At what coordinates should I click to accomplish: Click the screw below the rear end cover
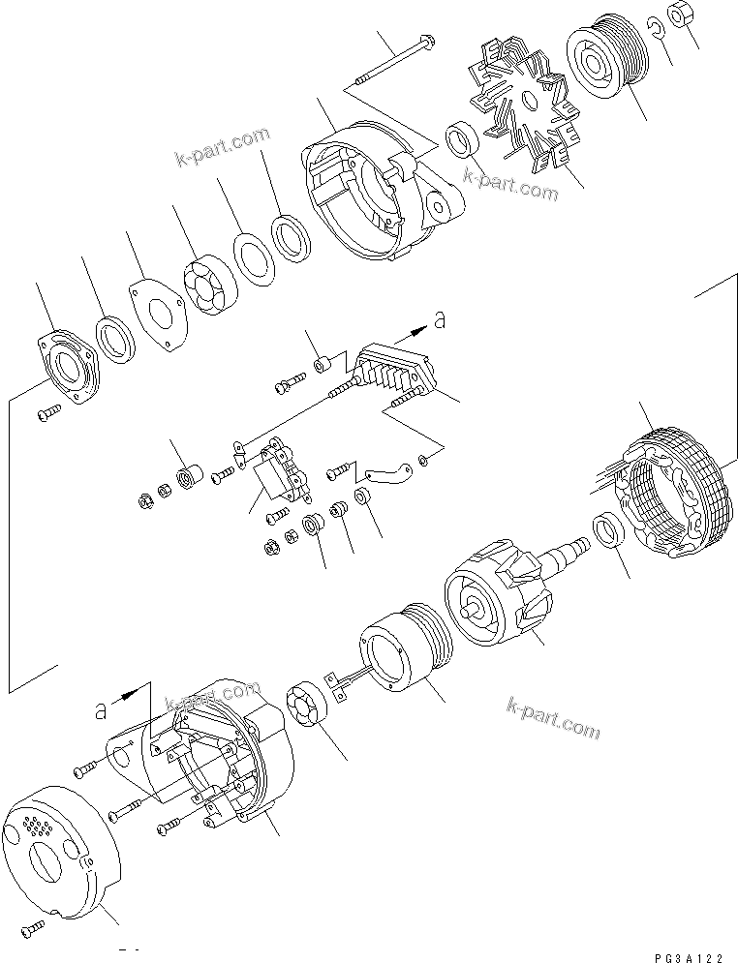point(37,930)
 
